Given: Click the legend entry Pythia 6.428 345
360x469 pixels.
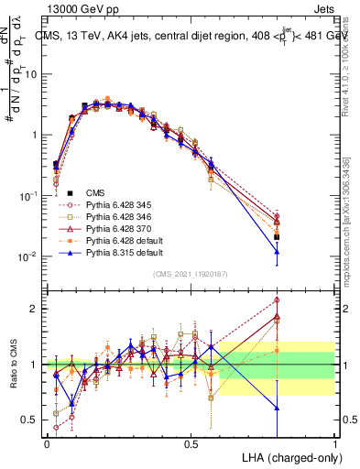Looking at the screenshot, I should click(116, 203).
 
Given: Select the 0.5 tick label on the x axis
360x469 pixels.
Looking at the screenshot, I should click(191, 444).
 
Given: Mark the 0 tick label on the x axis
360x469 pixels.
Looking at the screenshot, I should click(47, 444).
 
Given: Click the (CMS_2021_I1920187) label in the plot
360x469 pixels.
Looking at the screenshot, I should click(191, 272).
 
